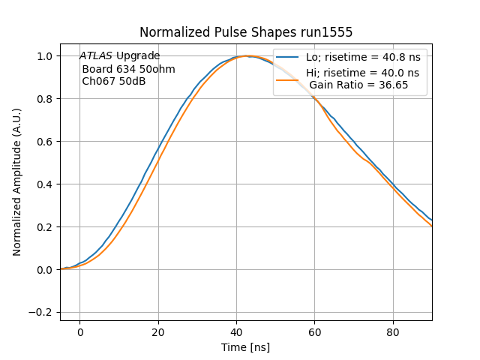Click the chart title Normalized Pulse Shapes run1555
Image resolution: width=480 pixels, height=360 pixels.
(x=246, y=32)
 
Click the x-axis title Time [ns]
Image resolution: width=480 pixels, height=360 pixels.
(x=245, y=347)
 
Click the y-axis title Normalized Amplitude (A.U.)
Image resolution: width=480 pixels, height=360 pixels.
(x=17, y=182)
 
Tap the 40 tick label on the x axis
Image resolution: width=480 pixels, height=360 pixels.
(x=236, y=331)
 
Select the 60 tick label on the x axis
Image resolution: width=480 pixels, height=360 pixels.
(x=315, y=331)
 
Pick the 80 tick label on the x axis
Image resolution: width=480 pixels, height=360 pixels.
(x=393, y=331)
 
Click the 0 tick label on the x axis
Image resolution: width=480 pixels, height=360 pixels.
(x=79, y=331)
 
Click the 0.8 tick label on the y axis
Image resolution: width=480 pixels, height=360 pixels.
(x=46, y=99)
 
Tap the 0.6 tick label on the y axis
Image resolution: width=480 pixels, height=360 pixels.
(x=46, y=142)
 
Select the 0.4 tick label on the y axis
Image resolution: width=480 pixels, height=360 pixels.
(x=46, y=184)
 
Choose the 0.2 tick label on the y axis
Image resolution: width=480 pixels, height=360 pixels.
(x=46, y=227)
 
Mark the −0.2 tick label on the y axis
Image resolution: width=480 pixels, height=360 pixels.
(x=43, y=313)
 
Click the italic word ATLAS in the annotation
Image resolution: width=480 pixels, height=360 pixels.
(x=96, y=56)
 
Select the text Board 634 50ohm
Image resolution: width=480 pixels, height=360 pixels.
(x=128, y=69)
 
